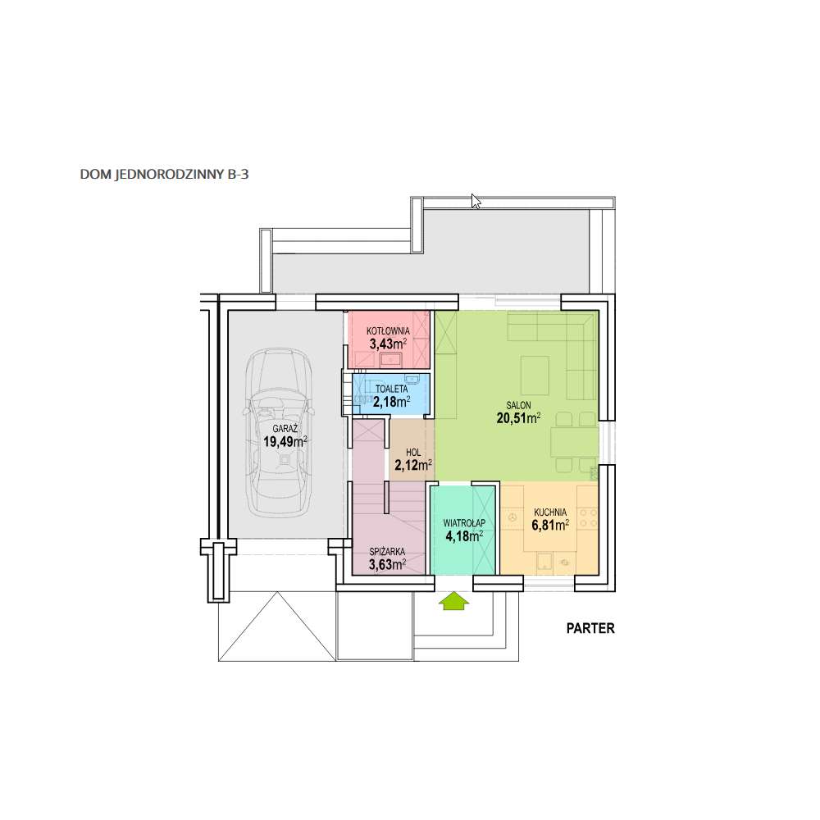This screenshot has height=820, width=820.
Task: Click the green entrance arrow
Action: (454, 601)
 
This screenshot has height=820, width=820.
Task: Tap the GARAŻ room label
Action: (285, 429)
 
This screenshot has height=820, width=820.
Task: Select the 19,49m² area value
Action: (285, 441)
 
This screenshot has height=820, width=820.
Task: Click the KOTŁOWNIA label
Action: (388, 331)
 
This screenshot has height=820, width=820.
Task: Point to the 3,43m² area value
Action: (388, 344)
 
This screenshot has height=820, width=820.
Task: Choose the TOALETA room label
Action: (392, 389)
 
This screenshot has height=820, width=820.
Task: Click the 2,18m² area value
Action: (392, 402)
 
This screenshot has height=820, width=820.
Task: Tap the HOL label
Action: (413, 453)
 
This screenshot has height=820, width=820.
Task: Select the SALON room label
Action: (518, 405)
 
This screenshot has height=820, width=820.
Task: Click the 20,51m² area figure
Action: (518, 418)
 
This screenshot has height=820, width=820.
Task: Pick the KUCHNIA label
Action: (550, 512)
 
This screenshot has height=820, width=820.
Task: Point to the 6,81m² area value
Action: (550, 525)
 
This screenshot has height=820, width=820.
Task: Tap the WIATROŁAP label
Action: (464, 523)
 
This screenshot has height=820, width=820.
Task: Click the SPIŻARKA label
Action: (387, 552)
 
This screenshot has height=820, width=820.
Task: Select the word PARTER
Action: (590, 628)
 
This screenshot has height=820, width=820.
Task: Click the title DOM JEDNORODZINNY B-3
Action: (164, 174)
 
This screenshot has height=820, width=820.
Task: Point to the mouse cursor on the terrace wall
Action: (476, 202)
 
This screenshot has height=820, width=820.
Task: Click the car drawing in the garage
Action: (280, 432)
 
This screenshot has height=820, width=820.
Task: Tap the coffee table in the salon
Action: (535, 376)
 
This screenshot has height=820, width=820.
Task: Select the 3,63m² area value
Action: (387, 565)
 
